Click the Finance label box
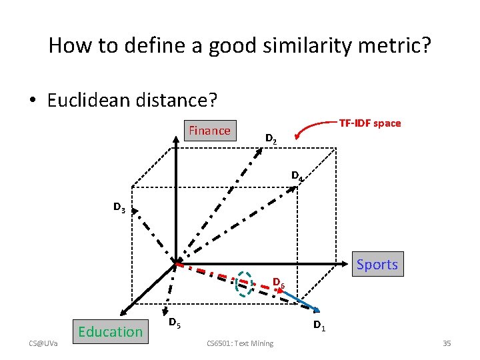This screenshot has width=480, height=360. coord(209,131)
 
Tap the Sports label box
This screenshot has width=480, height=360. coord(377,265)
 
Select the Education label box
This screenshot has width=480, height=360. coord(110,331)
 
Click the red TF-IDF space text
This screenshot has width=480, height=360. coord(370,123)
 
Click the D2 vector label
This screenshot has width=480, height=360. coord(271,139)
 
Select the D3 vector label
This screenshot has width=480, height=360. coord(119,209)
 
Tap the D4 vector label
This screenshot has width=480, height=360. coord(297,176)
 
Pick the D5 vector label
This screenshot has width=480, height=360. coord(172,323)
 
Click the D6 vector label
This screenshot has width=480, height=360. coord(279,283)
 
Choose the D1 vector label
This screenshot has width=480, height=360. coord(319,326)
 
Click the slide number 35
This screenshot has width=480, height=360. coord(447,343)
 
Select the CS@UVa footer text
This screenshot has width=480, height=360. coord(43,343)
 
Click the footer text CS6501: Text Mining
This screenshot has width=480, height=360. coord(240,343)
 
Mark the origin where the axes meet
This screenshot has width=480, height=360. coord(175,262)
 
